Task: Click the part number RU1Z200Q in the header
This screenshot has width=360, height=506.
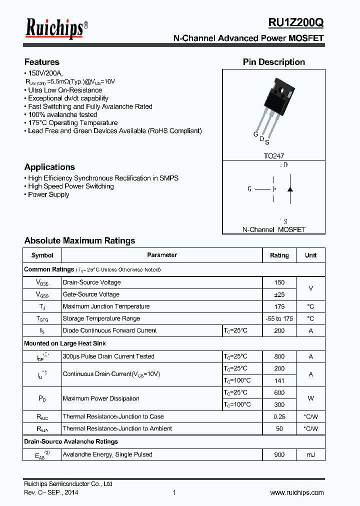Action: pyautogui.click(x=296, y=22)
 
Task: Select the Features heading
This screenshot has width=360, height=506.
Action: pyautogui.click(x=42, y=62)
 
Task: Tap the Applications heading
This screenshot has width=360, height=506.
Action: pyautogui.click(x=49, y=167)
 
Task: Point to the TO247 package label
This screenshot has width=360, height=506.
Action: pyautogui.click(x=273, y=156)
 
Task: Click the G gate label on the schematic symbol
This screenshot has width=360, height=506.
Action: pyautogui.click(x=249, y=189)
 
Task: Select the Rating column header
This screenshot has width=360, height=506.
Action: pyautogui.click(x=279, y=255)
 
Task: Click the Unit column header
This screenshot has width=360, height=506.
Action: pyautogui.click(x=310, y=255)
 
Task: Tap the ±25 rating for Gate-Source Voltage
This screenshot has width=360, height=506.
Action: pyautogui.click(x=279, y=294)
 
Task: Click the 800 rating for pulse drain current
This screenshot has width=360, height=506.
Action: pyautogui.click(x=279, y=356)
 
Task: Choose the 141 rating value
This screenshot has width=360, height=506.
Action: pyautogui.click(x=279, y=380)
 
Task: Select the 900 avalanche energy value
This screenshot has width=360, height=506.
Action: pyautogui.click(x=279, y=454)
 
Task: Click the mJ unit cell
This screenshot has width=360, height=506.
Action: pyautogui.click(x=310, y=454)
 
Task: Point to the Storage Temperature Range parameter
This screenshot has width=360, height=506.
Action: pyautogui.click(x=101, y=318)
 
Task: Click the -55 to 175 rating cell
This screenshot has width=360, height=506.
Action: pyautogui.click(x=279, y=318)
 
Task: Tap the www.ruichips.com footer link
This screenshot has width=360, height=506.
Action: pyautogui.click(x=296, y=492)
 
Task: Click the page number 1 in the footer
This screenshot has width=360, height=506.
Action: pyautogui.click(x=174, y=492)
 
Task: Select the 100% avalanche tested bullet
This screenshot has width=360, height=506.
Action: pyautogui.click(x=62, y=114)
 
